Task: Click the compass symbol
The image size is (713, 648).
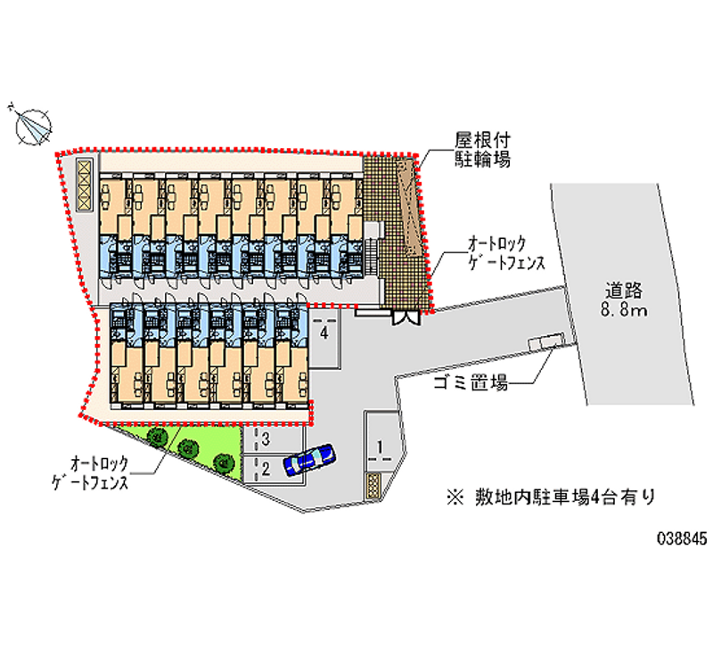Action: click(33, 124)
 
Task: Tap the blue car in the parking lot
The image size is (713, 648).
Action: click(308, 459)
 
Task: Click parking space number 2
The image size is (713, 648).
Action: click(265, 466)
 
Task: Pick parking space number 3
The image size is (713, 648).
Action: click(265, 439)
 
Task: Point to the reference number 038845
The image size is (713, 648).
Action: click(682, 539)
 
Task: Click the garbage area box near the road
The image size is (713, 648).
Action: click(544, 342)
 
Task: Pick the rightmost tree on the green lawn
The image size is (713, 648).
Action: click(224, 461)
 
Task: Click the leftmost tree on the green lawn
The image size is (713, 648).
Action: click(159, 436)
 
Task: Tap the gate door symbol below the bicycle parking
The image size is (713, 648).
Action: click(406, 315)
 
